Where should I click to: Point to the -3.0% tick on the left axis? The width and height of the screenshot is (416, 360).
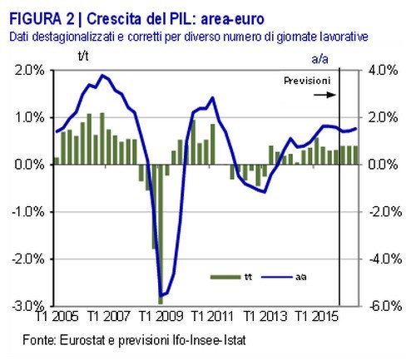(27, 306)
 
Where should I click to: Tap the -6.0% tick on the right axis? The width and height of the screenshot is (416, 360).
(379, 306)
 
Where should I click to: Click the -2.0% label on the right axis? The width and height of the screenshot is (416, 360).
(379, 212)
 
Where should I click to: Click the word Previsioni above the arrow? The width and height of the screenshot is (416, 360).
(306, 81)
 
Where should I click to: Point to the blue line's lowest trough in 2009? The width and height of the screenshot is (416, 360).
(161, 295)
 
